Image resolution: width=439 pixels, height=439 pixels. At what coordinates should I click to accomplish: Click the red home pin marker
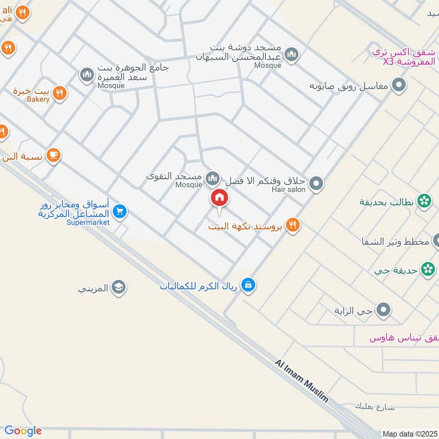click(x=218, y=198)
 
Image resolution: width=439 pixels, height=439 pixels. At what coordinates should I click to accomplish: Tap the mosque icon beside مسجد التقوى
click(x=212, y=178)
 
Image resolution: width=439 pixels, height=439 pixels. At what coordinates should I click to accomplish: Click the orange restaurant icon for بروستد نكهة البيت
click(x=292, y=224)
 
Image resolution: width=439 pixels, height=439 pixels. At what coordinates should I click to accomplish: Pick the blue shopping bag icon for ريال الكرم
click(x=249, y=285)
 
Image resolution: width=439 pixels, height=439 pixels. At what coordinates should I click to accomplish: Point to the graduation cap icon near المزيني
click(x=118, y=287)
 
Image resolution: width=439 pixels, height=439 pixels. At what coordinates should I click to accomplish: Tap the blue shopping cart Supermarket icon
click(x=120, y=211)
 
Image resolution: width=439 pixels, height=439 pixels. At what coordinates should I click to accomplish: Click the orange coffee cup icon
click(x=53, y=155)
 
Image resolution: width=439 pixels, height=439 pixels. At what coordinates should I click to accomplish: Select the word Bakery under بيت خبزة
click(x=38, y=99)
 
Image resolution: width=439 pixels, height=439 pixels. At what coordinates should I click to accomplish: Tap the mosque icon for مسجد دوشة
click(x=292, y=54)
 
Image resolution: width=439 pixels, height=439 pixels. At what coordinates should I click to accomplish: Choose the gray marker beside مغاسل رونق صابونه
click(x=400, y=86)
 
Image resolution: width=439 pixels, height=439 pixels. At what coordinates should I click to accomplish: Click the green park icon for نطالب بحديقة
click(x=424, y=202)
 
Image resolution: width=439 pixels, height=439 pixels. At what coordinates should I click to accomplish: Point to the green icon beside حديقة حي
click(x=427, y=269)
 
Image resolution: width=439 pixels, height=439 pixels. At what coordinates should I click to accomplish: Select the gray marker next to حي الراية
click(x=385, y=311)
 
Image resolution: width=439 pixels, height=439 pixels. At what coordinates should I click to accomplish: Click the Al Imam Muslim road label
click(x=302, y=381)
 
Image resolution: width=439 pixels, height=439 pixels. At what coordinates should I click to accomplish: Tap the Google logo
click(x=23, y=431)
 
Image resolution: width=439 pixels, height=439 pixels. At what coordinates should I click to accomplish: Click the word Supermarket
click(x=88, y=222)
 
